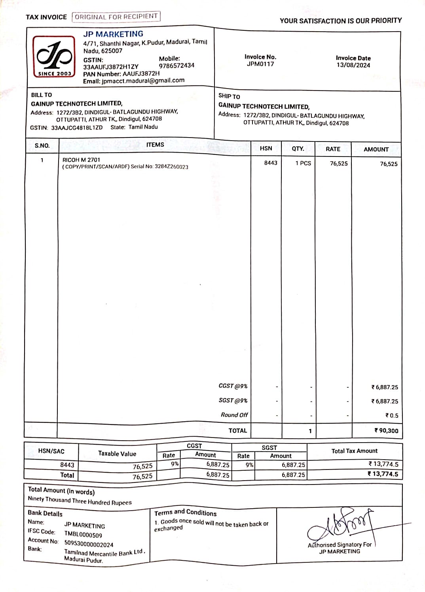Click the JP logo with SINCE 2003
(54, 56)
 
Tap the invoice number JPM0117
(260, 64)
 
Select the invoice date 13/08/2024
(353, 65)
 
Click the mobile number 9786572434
(176, 66)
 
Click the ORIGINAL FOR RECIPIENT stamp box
(116, 17)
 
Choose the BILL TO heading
(42, 95)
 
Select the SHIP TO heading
(229, 96)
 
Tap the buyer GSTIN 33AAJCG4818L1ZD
(77, 128)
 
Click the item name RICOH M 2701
(82, 160)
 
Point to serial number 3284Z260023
(171, 167)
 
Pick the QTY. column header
(298, 149)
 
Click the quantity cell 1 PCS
(303, 163)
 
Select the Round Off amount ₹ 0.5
(392, 415)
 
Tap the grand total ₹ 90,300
(386, 430)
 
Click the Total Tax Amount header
(354, 451)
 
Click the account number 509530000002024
(89, 544)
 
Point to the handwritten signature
(340, 526)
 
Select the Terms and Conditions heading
(185, 513)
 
